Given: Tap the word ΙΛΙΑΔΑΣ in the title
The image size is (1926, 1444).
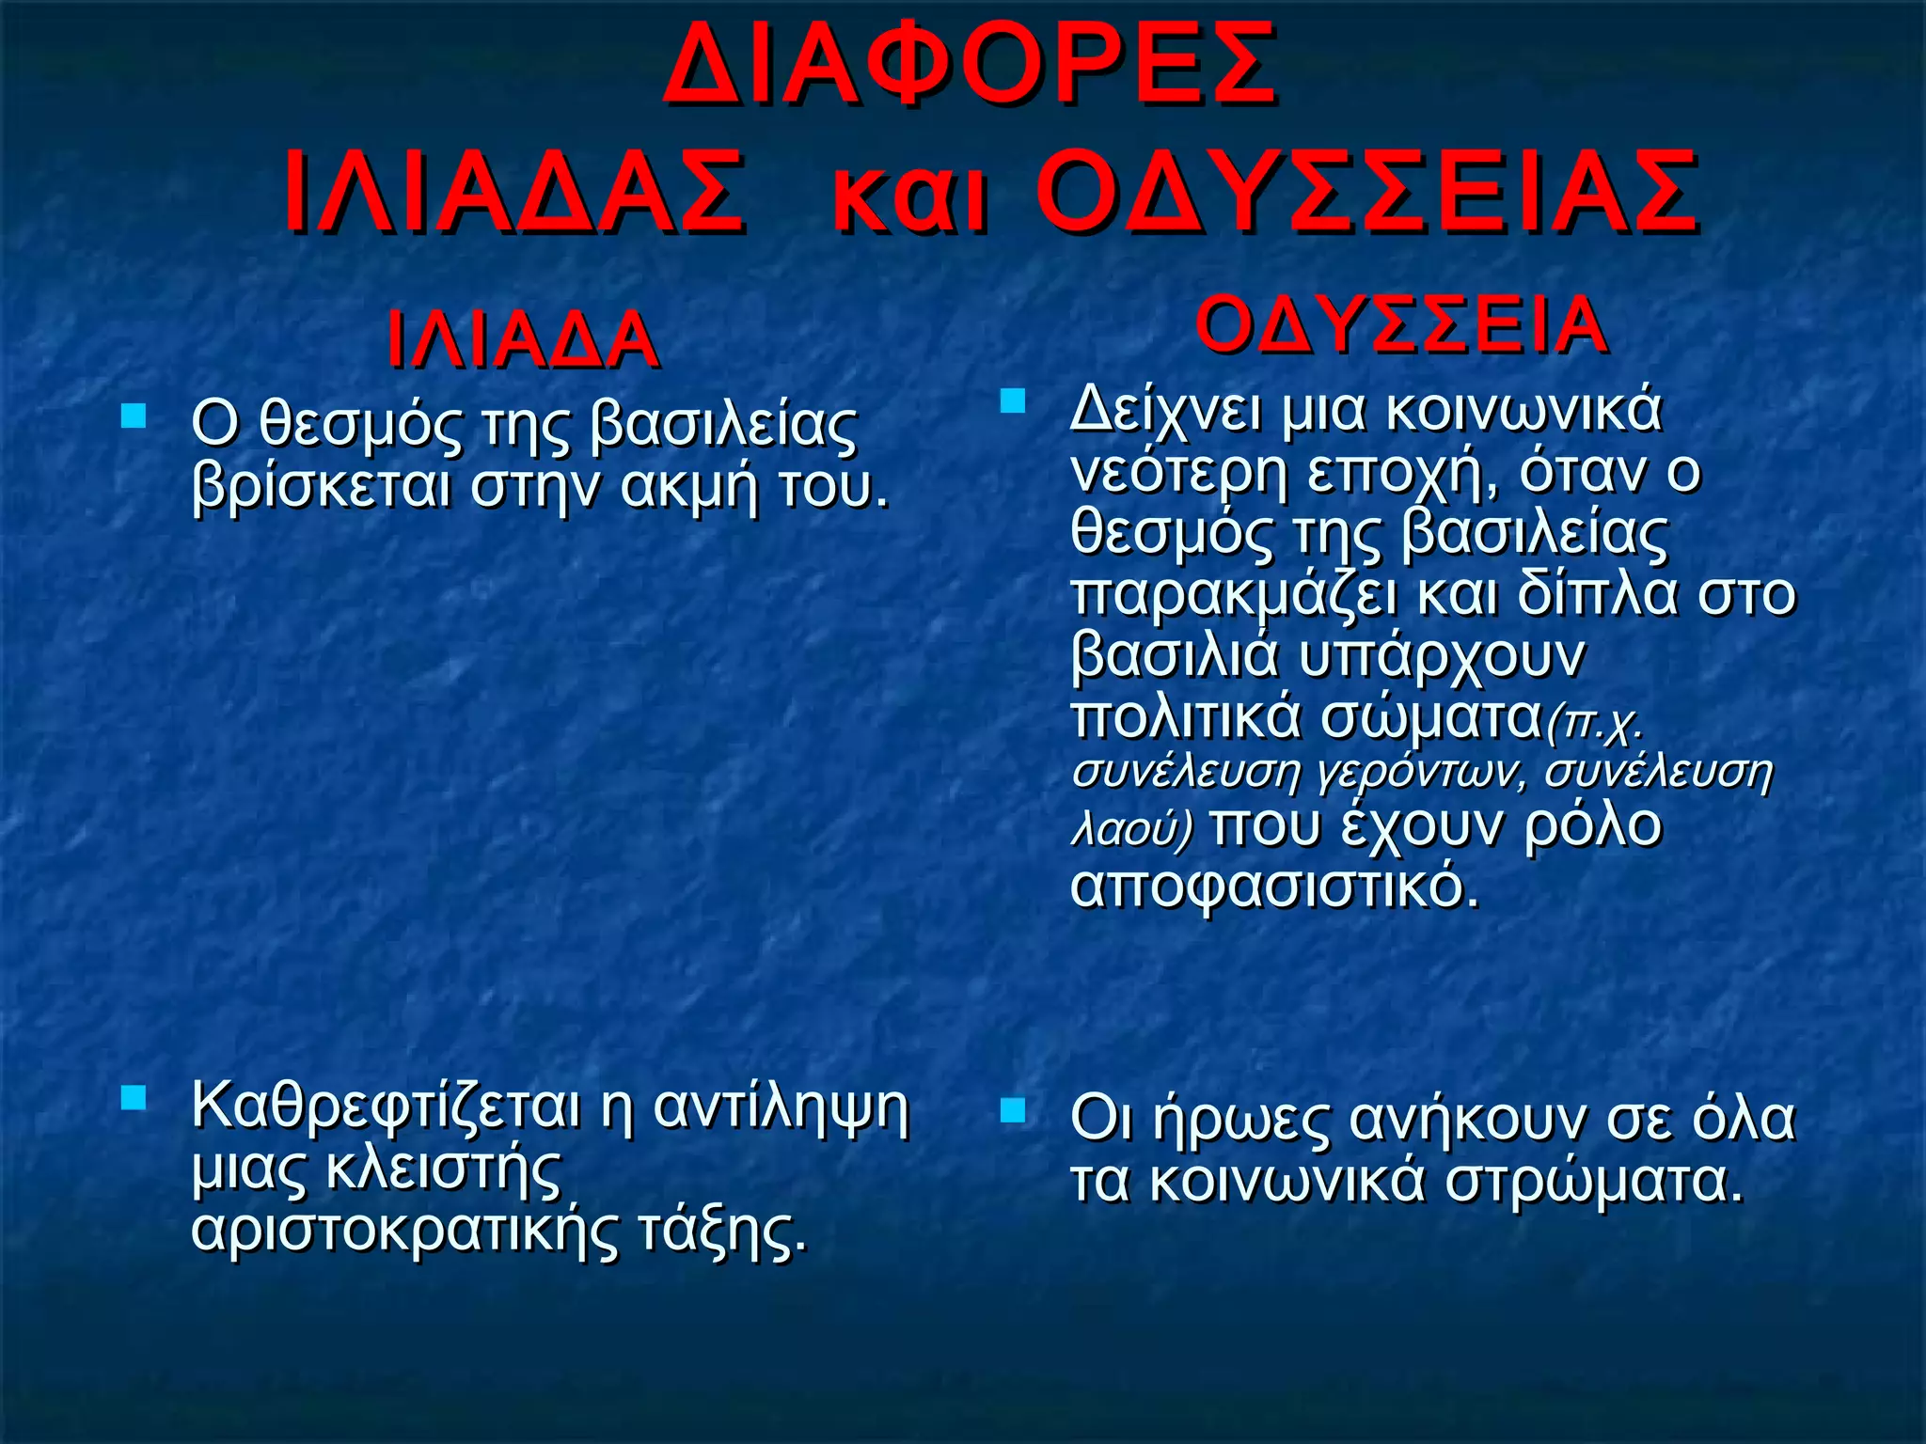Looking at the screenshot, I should (x=514, y=193).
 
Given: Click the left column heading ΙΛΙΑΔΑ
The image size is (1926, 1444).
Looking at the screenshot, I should (x=522, y=340).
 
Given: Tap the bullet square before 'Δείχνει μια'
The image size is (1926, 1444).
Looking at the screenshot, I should (x=1012, y=401).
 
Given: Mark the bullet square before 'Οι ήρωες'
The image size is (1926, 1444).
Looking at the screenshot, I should (x=1012, y=1112).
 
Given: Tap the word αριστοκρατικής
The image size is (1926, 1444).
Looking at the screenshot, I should (x=405, y=1230).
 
